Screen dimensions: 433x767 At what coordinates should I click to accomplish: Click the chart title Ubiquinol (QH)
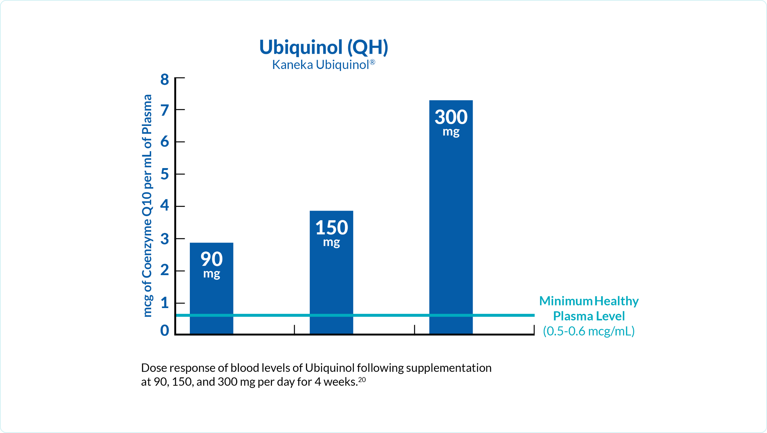323,47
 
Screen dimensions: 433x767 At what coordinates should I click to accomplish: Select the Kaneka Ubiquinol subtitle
323,65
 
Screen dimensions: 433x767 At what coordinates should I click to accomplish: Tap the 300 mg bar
451,217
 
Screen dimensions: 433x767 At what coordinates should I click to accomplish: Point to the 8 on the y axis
165,80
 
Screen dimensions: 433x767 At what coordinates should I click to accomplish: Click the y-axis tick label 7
165,111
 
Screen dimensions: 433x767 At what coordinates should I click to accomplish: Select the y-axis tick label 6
165,142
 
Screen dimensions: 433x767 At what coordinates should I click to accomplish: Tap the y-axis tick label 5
165,174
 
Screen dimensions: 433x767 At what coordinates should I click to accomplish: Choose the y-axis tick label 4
165,205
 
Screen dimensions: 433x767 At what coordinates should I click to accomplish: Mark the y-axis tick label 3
165,239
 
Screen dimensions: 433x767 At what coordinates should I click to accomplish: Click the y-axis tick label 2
165,270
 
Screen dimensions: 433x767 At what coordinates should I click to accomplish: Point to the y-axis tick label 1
165,303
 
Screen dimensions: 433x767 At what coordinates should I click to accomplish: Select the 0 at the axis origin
165,330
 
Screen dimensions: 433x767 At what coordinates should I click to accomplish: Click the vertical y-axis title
147,206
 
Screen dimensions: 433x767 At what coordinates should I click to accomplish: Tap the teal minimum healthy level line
383,315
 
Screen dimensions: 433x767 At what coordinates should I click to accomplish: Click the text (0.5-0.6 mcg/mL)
589,331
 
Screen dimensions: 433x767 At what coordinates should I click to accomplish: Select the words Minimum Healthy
589,301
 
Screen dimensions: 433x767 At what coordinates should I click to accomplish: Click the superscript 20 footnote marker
362,379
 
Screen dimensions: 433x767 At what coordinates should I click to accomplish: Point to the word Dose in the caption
154,368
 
